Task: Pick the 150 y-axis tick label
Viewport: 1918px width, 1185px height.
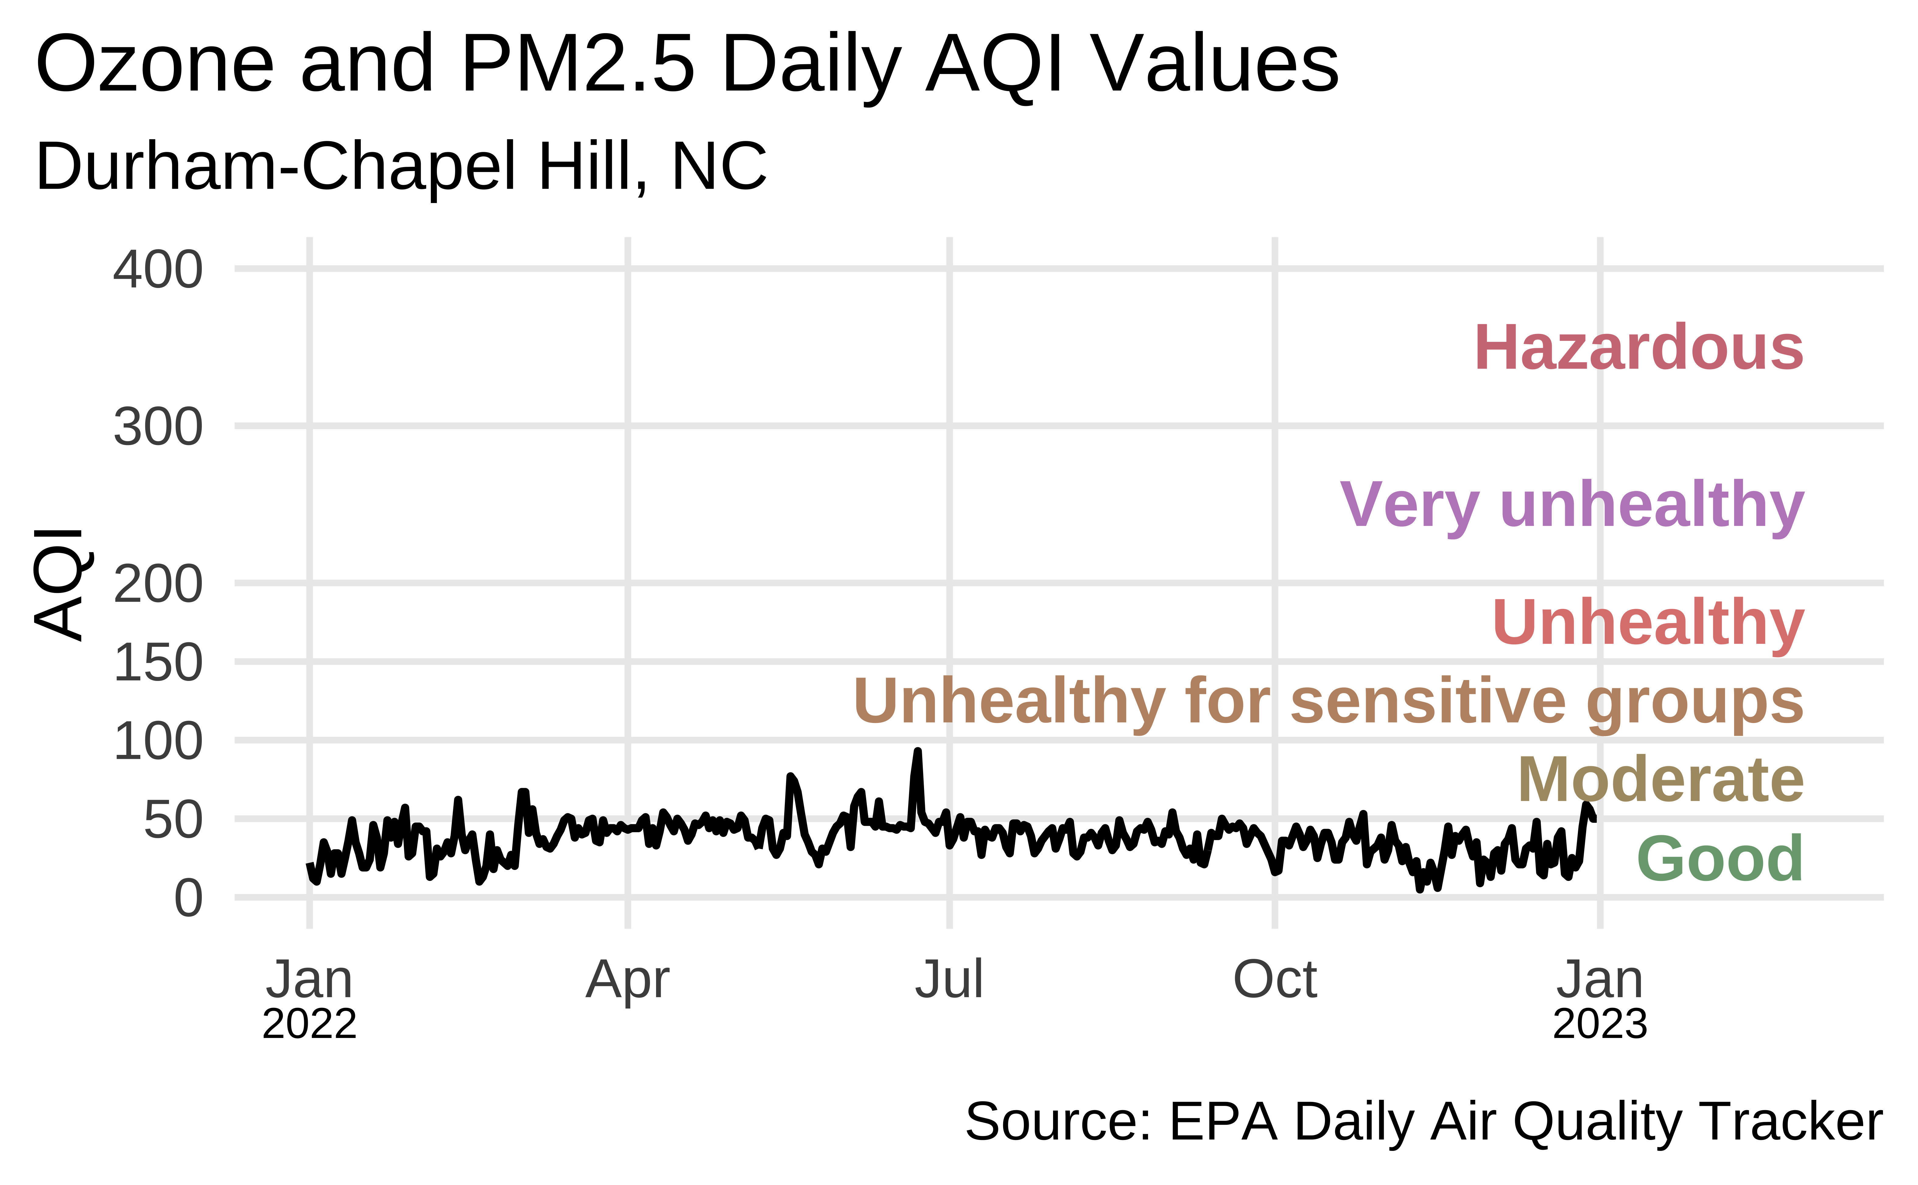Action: (x=157, y=663)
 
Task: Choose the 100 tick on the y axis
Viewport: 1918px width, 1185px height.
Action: (x=157, y=742)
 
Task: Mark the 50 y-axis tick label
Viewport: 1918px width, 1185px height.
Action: (x=172, y=821)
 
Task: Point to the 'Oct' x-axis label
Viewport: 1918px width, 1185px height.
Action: (x=1274, y=980)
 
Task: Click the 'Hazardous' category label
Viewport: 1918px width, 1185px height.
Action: (x=1639, y=348)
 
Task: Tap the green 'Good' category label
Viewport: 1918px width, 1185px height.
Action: (x=1720, y=859)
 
